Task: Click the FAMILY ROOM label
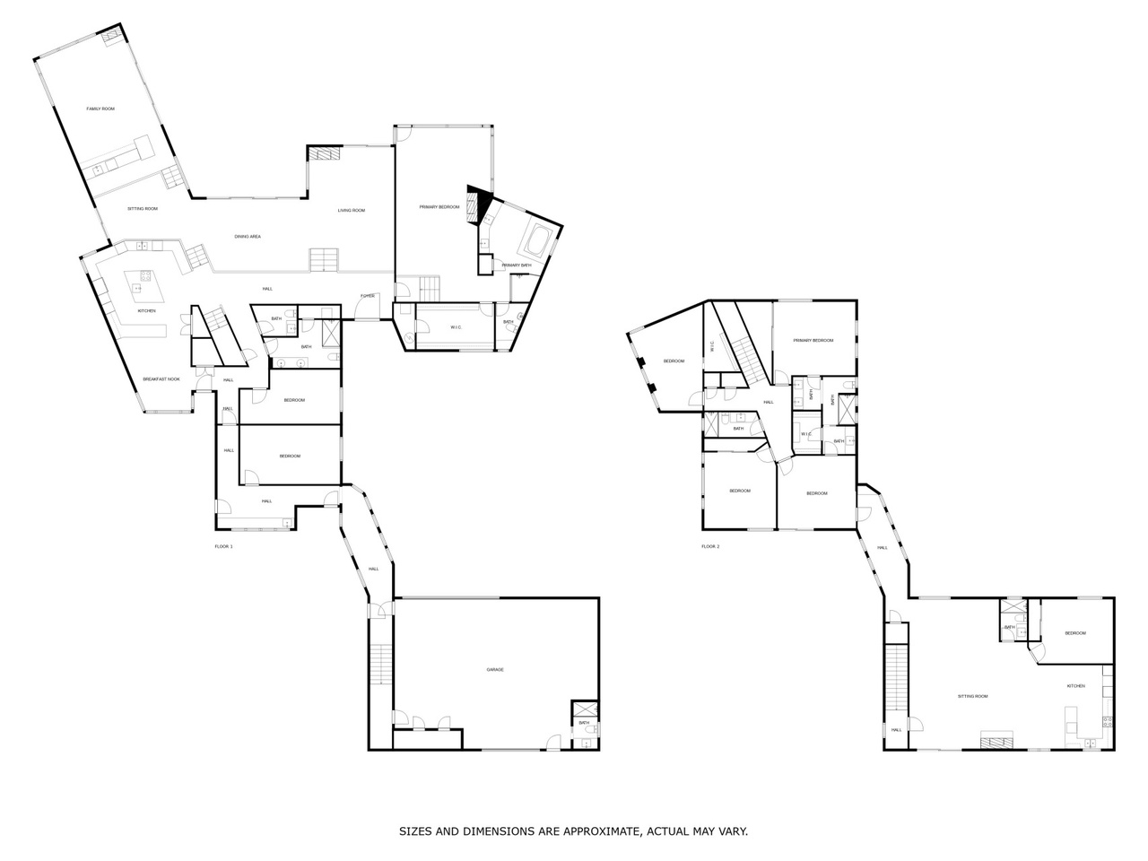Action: tap(100, 109)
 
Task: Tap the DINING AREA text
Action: tap(248, 236)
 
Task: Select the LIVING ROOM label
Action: tap(352, 210)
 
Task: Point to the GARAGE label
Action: tap(494, 669)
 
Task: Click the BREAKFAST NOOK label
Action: tap(161, 379)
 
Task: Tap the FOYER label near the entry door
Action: tap(368, 296)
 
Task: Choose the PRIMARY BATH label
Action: tap(517, 265)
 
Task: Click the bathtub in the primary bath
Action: tap(539, 240)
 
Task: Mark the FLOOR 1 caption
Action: tap(223, 546)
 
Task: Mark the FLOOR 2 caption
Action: tap(710, 546)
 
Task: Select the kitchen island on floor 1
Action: tap(141, 287)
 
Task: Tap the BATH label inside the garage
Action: tap(584, 723)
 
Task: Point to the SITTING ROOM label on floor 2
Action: tap(972, 696)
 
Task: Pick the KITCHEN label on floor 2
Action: tap(1075, 686)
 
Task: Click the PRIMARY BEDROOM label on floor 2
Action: tap(813, 340)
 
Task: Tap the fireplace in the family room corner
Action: tap(111, 36)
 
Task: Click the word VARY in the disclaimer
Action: tap(730, 831)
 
